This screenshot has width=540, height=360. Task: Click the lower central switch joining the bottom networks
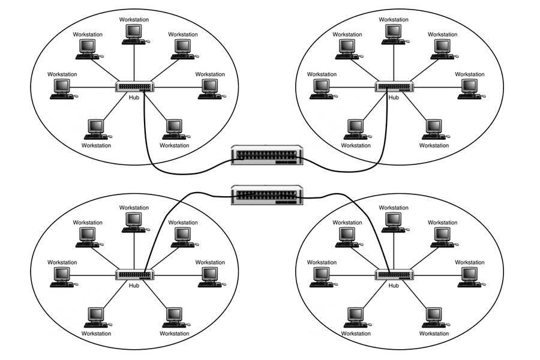[x=267, y=194]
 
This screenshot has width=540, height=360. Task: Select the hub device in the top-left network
[x=134, y=87]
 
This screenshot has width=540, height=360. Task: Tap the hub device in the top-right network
[x=394, y=87]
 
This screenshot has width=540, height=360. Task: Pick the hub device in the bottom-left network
[x=134, y=275]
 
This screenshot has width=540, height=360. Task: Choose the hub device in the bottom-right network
[x=394, y=275]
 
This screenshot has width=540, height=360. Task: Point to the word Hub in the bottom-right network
[x=394, y=285]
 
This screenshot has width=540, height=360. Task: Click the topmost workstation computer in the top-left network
[x=134, y=33]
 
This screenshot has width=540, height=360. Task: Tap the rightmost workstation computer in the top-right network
[x=469, y=88]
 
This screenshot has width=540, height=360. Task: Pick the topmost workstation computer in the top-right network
[x=394, y=33]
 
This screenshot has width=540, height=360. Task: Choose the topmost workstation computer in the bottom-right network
[x=394, y=221]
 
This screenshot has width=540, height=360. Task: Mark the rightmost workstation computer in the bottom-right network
[x=469, y=276]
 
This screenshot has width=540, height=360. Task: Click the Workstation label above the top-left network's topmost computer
[x=134, y=20]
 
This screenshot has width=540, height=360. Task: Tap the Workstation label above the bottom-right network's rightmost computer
[x=470, y=262]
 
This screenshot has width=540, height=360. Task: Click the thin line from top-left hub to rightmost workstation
[x=177, y=88]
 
